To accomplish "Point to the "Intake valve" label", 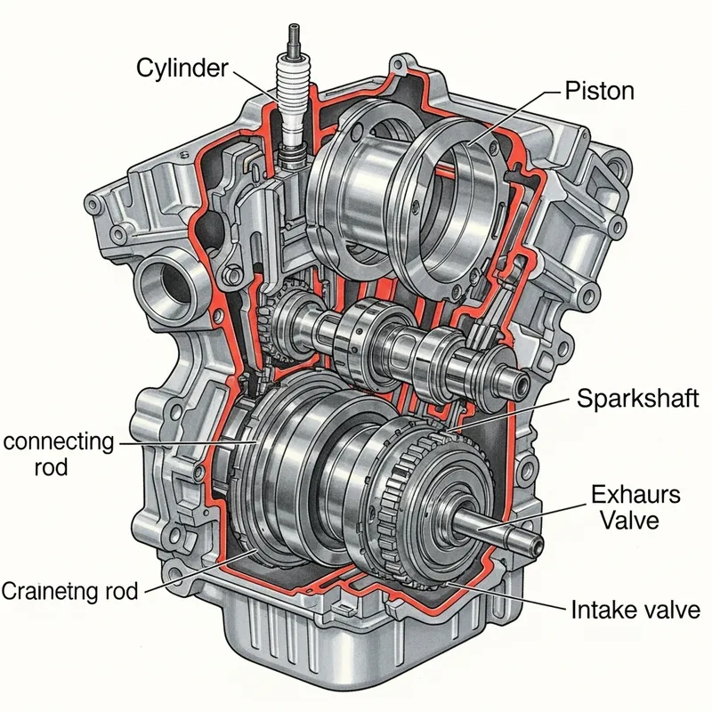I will click(635, 611).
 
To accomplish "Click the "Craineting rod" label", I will click(69, 590).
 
